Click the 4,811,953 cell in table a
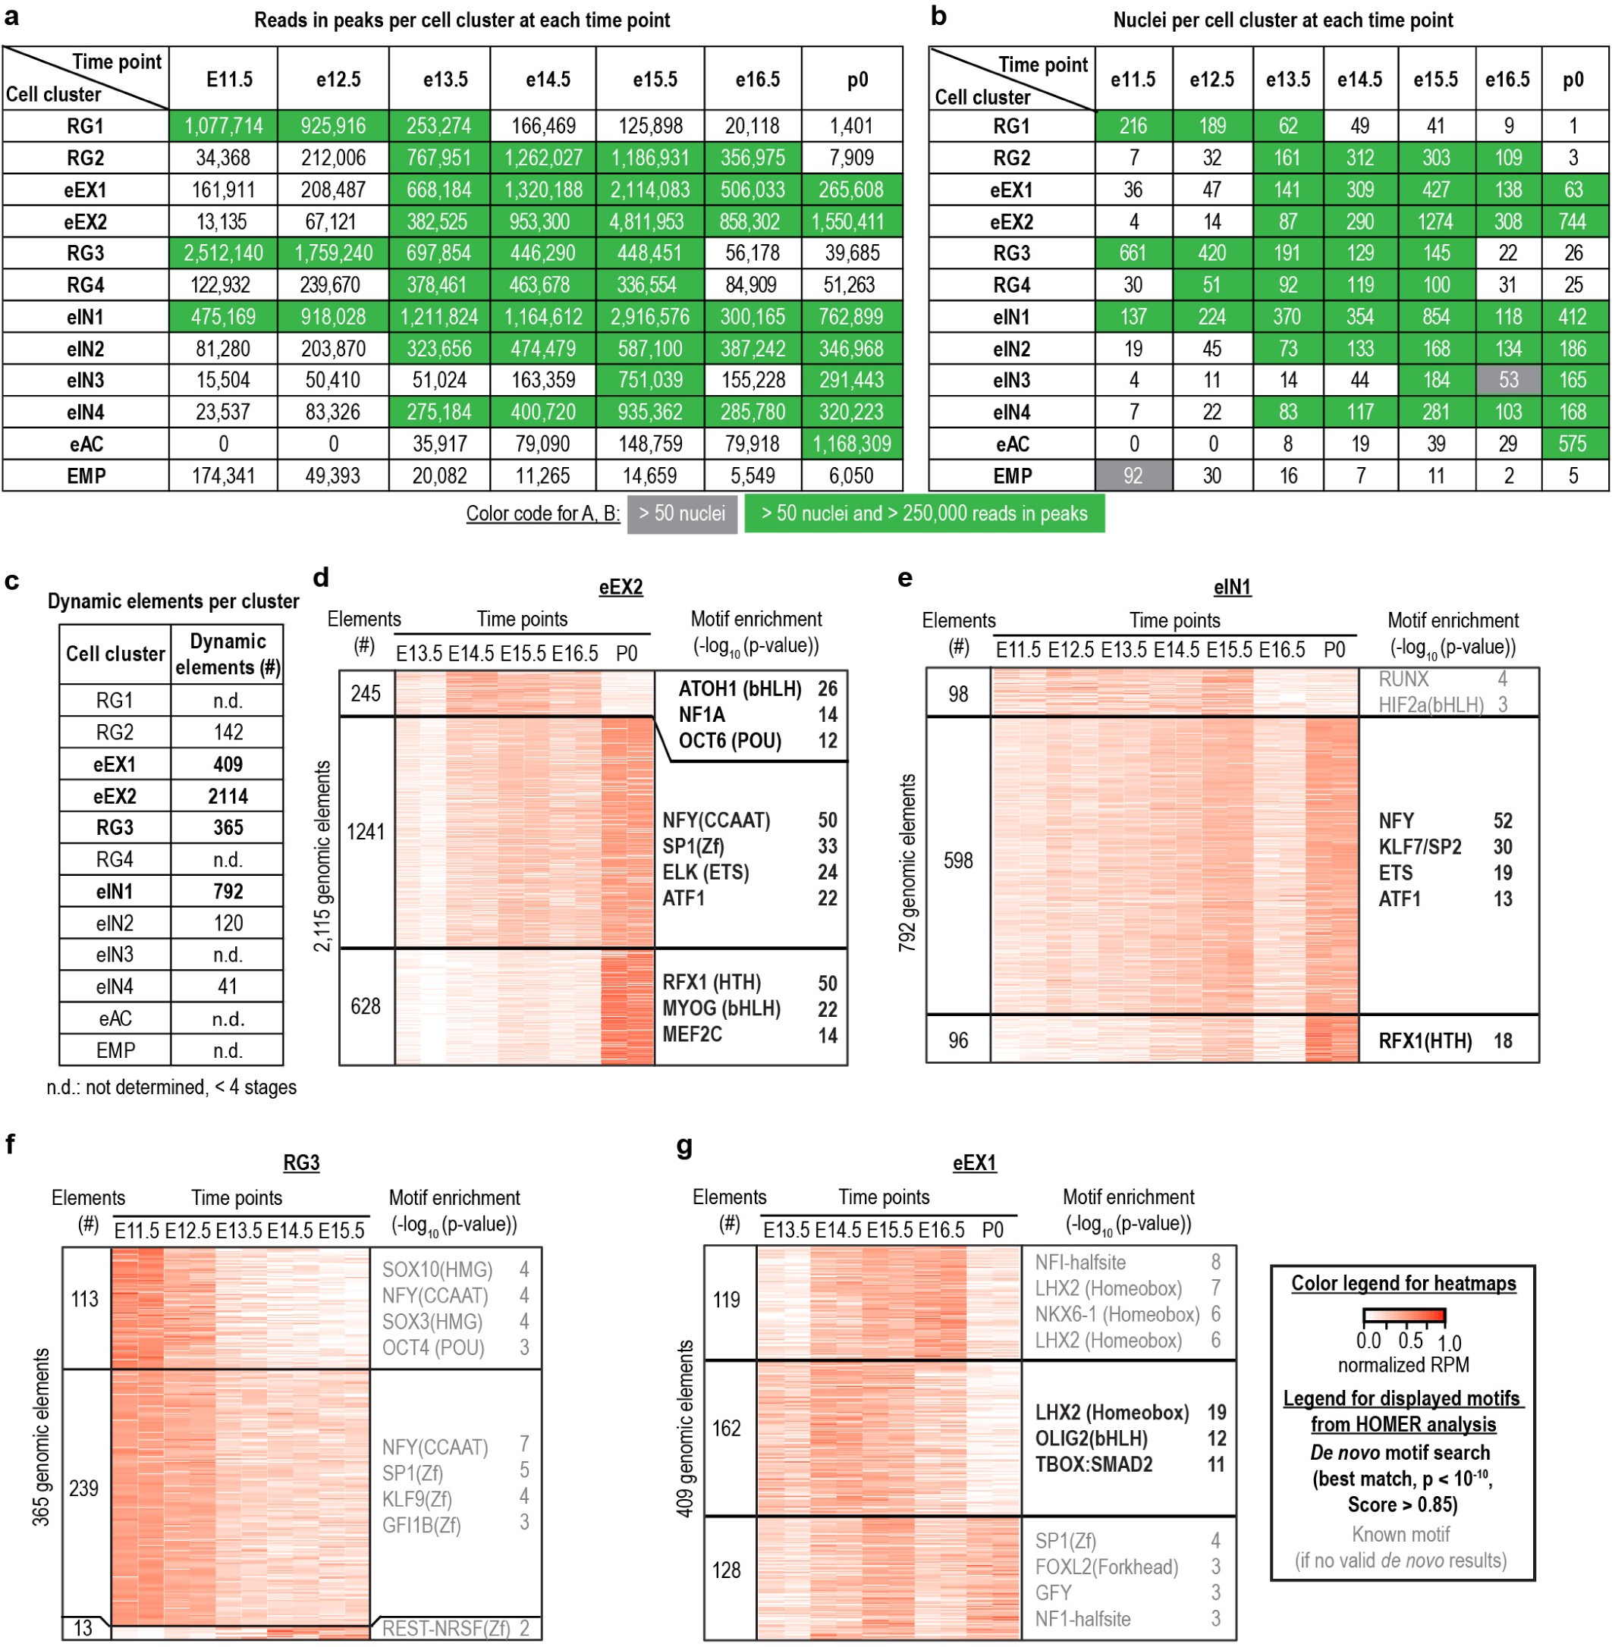(649, 221)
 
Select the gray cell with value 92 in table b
(1133, 475)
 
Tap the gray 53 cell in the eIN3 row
(1508, 380)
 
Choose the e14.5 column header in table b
(1359, 80)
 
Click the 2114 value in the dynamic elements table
(228, 795)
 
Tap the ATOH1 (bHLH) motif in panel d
(740, 689)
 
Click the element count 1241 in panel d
(366, 832)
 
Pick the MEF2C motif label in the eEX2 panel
(692, 1034)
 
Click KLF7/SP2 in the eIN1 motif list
(1420, 847)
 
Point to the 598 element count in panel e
(957, 861)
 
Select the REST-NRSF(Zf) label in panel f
(446, 1627)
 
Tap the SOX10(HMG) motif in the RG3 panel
(437, 1269)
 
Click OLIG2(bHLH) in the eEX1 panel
(1091, 1438)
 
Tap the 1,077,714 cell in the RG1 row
(224, 126)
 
